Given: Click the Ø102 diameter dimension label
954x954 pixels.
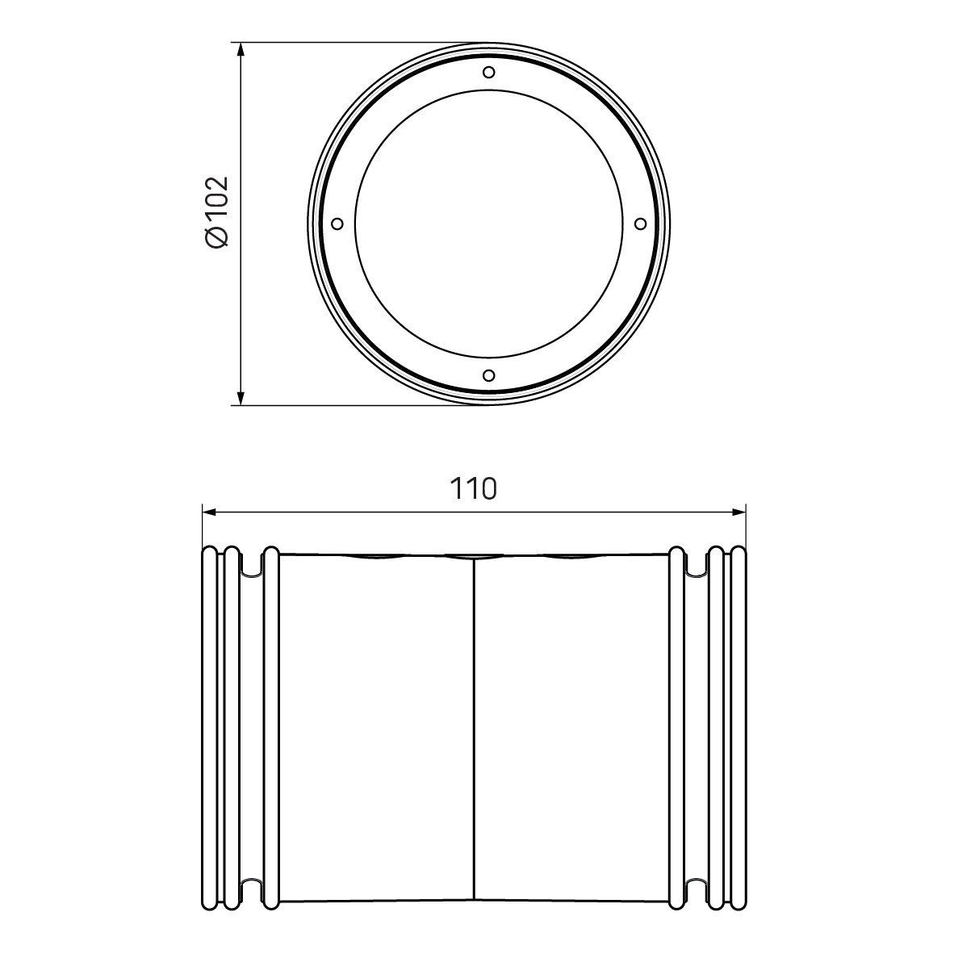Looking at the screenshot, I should [217, 211].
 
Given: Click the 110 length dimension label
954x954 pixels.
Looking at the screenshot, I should [474, 489].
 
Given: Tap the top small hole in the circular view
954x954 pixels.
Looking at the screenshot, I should [489, 72].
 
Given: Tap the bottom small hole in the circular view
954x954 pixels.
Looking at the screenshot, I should [488, 374].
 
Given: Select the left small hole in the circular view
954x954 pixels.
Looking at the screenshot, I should [337, 223].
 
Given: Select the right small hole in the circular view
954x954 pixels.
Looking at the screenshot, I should [640, 223].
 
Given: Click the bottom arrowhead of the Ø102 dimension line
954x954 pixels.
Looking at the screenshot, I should [241, 397].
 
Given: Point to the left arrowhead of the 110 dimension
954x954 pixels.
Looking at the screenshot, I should [208, 511].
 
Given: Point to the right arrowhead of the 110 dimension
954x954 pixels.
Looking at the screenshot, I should [738, 511].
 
